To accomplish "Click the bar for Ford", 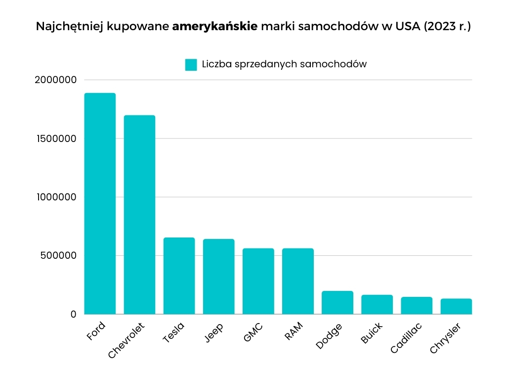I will pyautogui.click(x=100, y=203).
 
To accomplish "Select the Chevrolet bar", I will pyautogui.click(x=139, y=215).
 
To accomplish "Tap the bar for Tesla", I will pyautogui.click(x=179, y=276).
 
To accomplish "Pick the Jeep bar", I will pyautogui.click(x=218, y=277).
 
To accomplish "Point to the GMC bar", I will pyautogui.click(x=258, y=281).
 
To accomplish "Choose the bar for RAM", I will pyautogui.click(x=297, y=281).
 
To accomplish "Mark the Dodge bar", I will pyautogui.click(x=337, y=302).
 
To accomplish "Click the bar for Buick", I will pyautogui.click(x=377, y=304).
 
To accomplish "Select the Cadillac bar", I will pyautogui.click(x=416, y=305).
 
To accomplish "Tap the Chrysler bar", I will pyautogui.click(x=456, y=306).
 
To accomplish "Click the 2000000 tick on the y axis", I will pyautogui.click(x=55, y=80).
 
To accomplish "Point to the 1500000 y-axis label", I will pyautogui.click(x=55, y=139).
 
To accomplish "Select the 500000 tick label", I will pyautogui.click(x=58, y=256).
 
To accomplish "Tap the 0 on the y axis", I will pyautogui.click(x=73, y=314).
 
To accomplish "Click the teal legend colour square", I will pyautogui.click(x=191, y=65).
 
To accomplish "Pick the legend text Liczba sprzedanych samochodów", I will pyautogui.click(x=284, y=64).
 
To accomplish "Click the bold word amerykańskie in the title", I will pyautogui.click(x=214, y=27).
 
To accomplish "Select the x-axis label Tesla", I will pyautogui.click(x=173, y=332).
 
